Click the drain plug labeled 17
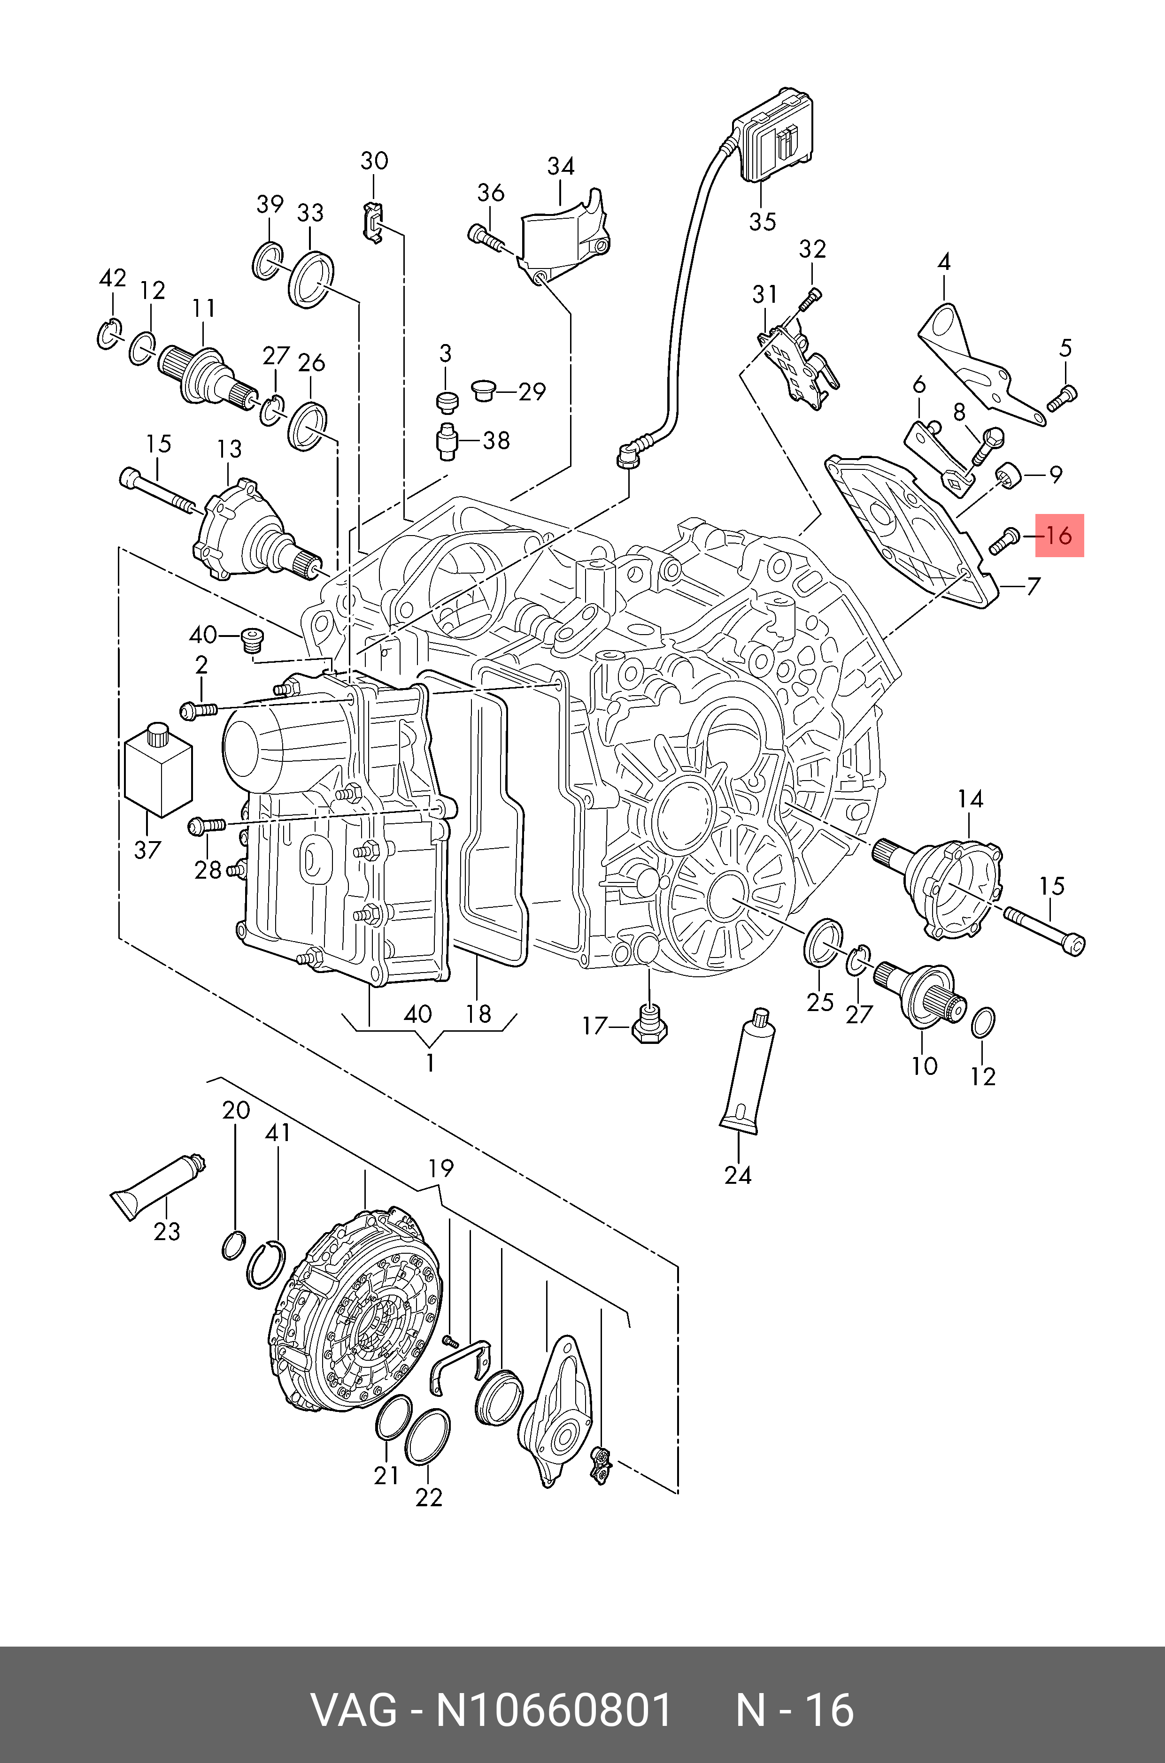649,1023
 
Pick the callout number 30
374,161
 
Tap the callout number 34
561,166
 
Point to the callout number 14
970,799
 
